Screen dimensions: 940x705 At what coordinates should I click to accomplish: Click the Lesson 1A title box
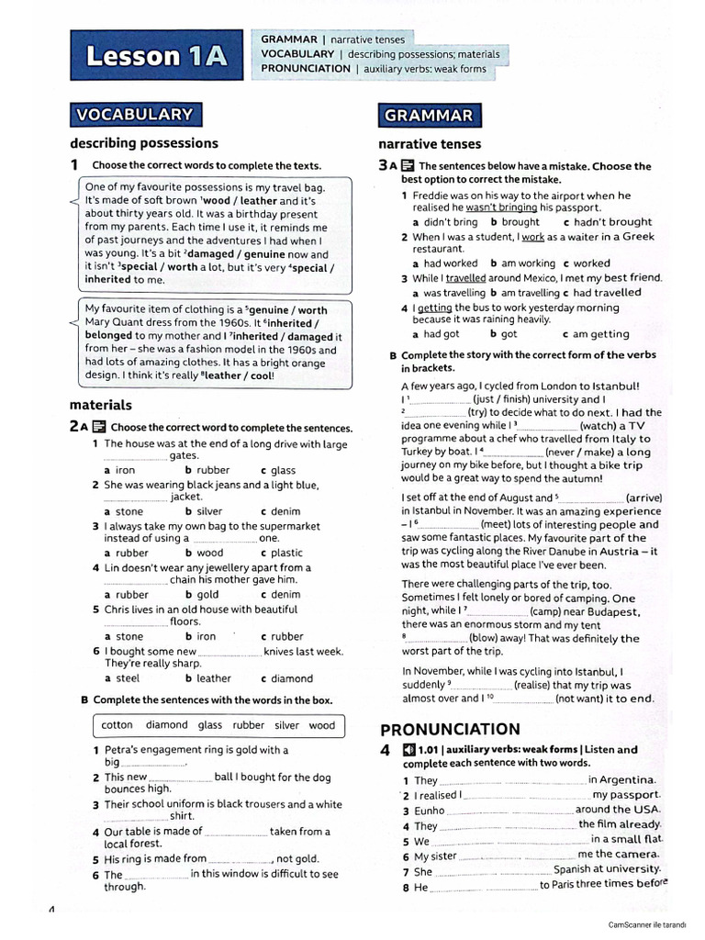coord(155,57)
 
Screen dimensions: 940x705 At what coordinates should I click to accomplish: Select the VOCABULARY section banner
coord(135,115)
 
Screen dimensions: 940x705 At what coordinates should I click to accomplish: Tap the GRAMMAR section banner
coord(430,116)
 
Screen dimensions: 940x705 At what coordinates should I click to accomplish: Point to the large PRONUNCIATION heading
coord(450,730)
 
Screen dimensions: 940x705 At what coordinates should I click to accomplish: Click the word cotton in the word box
coord(117,725)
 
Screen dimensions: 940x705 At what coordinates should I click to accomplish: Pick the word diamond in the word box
coord(166,725)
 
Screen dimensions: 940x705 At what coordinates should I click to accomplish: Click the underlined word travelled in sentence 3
coord(466,278)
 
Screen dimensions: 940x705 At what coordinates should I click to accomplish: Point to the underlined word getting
coord(434,308)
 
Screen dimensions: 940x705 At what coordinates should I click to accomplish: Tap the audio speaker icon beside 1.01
coord(408,750)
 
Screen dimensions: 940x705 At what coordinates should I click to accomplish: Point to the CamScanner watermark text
coord(654,924)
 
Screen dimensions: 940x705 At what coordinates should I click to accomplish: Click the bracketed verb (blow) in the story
coord(484,638)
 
